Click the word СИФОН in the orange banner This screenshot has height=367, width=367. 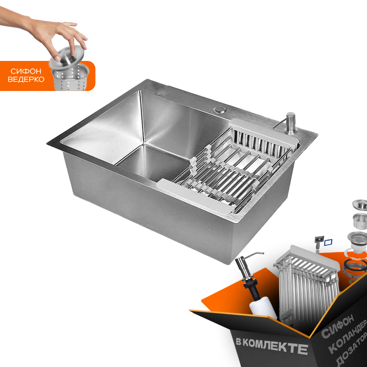click(26, 71)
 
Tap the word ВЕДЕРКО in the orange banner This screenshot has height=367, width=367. click(26, 79)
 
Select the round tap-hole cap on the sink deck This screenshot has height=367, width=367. click(220, 110)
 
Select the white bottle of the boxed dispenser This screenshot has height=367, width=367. click(263, 309)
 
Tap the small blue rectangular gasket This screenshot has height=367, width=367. click(328, 242)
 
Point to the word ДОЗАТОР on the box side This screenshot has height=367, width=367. click(352, 351)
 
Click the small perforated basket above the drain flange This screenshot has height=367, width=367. click(360, 221)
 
